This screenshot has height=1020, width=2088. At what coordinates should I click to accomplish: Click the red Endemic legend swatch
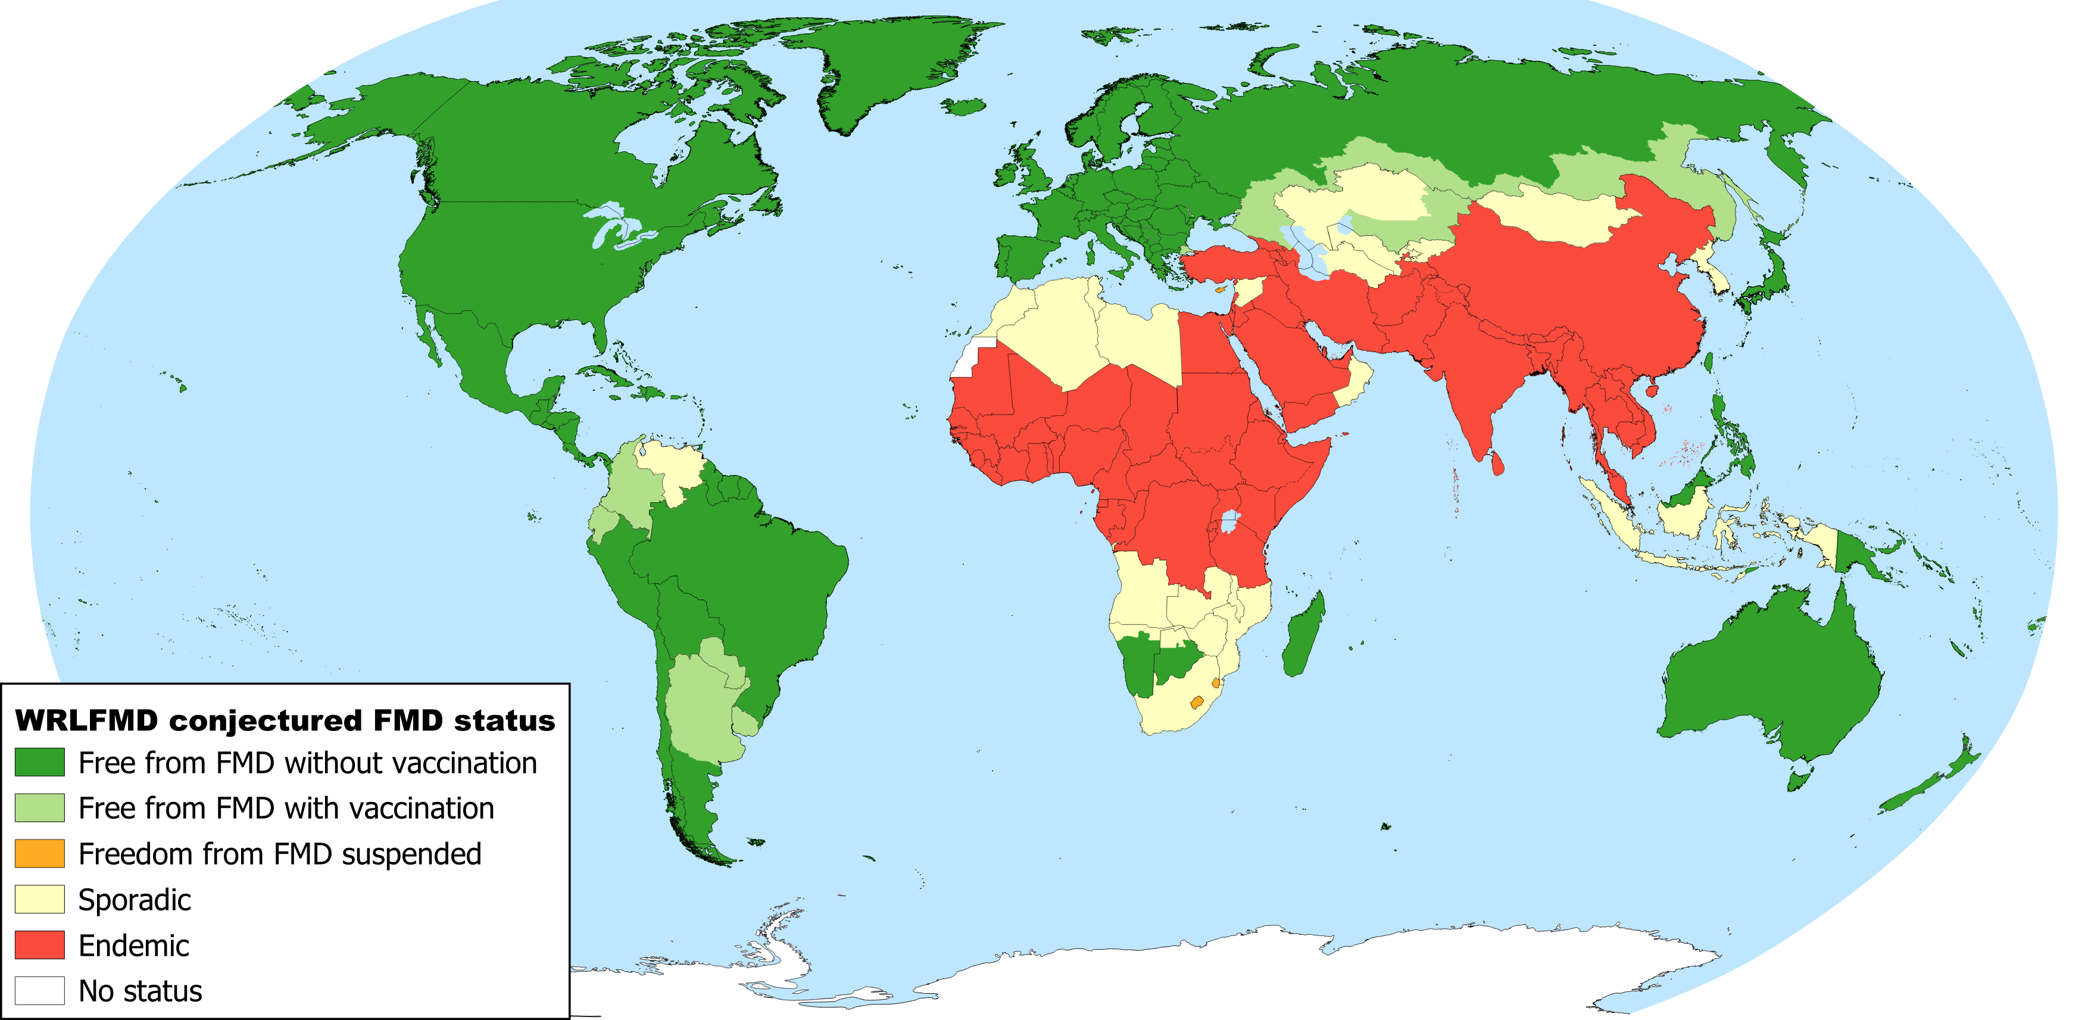tap(40, 944)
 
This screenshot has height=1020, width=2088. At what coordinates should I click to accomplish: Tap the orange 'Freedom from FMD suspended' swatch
tap(40, 853)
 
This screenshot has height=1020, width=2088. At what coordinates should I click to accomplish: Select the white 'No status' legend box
tap(40, 990)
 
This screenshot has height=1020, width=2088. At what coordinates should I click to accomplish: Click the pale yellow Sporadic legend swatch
tap(40, 898)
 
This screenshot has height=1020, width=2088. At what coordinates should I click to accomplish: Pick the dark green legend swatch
tap(40, 762)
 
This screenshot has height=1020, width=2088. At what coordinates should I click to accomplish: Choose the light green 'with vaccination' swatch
tap(40, 807)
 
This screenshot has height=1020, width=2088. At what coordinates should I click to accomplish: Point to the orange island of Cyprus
tap(1218, 288)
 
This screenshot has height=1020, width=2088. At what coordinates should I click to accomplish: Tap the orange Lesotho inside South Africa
tap(1196, 702)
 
